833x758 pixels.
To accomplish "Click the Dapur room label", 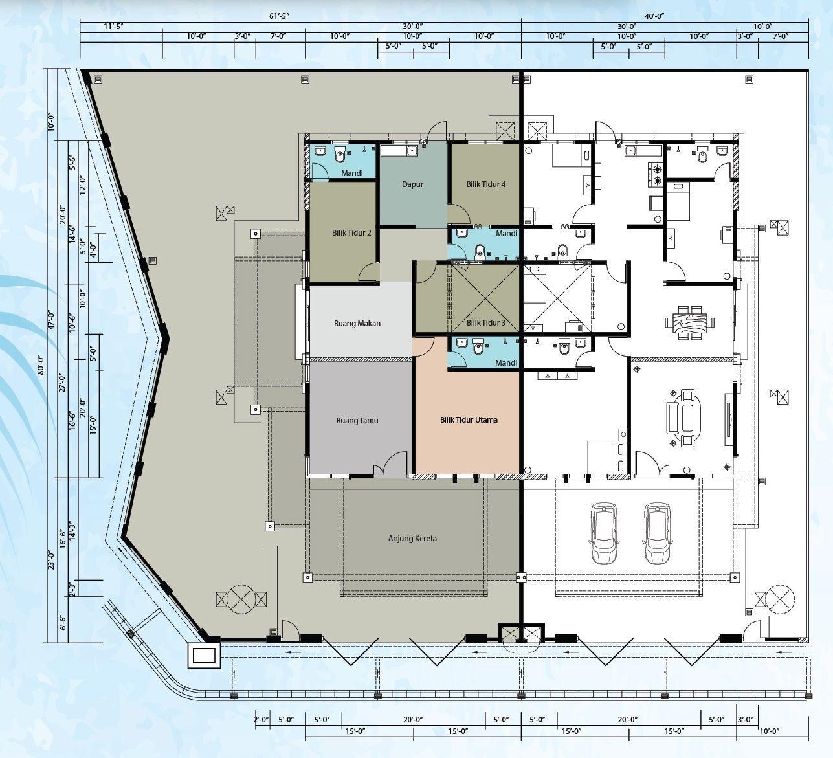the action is [x=412, y=184].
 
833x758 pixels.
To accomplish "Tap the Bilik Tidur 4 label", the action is [x=486, y=184].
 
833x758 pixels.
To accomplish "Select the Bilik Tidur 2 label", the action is [x=351, y=232].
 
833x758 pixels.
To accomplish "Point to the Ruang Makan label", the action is [x=357, y=323].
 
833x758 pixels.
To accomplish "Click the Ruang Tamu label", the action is [x=357, y=420].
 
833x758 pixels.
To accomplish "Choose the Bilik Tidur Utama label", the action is [x=469, y=419].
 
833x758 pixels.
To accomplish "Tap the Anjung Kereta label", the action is [x=412, y=539].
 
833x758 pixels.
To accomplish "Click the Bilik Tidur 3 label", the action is [x=486, y=322].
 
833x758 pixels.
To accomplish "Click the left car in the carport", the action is [x=604, y=533].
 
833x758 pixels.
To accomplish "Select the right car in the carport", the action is [x=656, y=533].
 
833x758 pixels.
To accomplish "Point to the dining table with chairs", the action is [x=689, y=322].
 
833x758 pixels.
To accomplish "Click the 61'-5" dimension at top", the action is [x=280, y=16].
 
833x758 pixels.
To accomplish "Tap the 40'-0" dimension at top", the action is [x=654, y=16].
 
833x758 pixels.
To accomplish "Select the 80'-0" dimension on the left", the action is [x=41, y=364].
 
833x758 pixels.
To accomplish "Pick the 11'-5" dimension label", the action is [x=113, y=26].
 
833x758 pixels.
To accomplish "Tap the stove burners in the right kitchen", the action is [x=657, y=174].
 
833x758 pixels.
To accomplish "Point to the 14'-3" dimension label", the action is [x=73, y=530].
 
